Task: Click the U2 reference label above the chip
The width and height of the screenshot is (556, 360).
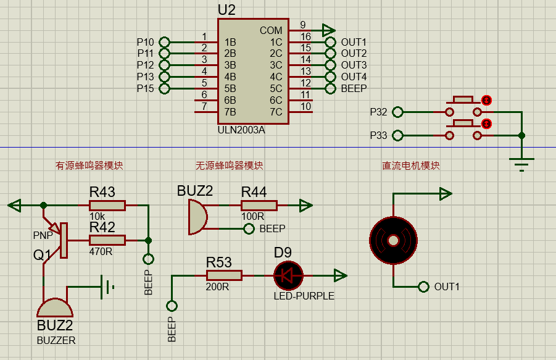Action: pos(226,10)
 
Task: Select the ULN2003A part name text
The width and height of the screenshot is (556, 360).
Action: pos(241,130)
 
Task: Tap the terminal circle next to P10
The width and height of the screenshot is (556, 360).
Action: pos(165,42)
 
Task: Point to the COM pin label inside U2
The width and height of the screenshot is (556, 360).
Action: pos(271,30)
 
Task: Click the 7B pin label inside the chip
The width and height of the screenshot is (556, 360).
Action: pos(230,112)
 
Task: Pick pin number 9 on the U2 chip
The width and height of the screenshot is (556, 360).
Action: pos(303,25)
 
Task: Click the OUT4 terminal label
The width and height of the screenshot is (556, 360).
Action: pos(354,77)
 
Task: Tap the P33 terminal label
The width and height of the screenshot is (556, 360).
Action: pos(378,135)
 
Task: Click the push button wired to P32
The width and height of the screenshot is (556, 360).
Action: pos(463,106)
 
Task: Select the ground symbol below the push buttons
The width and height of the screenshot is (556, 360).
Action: pos(521,163)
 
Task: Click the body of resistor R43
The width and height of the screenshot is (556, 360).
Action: pos(107,206)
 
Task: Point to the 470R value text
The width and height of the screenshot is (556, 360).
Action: pos(101,251)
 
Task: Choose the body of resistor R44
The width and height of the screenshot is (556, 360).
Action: pos(259,206)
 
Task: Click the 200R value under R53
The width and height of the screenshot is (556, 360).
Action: pos(217,287)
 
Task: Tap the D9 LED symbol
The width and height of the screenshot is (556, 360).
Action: pos(288,275)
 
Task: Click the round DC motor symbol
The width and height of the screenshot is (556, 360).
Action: pos(393,240)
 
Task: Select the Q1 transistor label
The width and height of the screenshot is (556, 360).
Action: pos(42,255)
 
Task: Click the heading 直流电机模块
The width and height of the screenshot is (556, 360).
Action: pos(410,165)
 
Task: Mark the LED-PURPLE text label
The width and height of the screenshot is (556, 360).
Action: pos(304,296)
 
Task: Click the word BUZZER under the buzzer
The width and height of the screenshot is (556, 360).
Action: pos(56,340)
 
